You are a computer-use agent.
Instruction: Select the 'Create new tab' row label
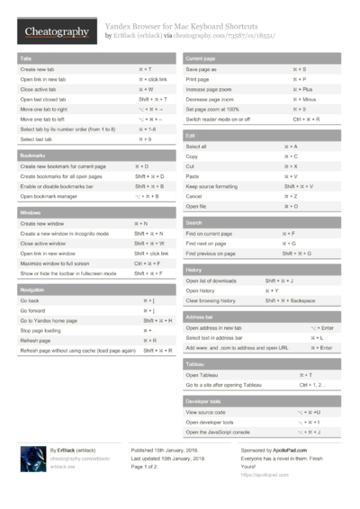[x=37, y=68]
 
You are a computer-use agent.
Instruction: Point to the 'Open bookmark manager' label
[x=49, y=196]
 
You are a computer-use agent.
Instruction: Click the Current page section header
[x=200, y=58]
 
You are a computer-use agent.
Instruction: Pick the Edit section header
[x=190, y=135]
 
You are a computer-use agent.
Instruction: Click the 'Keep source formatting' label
[x=211, y=186]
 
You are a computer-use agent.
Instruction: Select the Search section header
[x=194, y=222]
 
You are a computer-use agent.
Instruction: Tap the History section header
[x=193, y=270]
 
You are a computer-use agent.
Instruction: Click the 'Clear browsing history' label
[x=211, y=300]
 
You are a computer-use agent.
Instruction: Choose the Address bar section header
[x=200, y=317]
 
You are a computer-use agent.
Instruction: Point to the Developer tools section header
[x=203, y=400]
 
